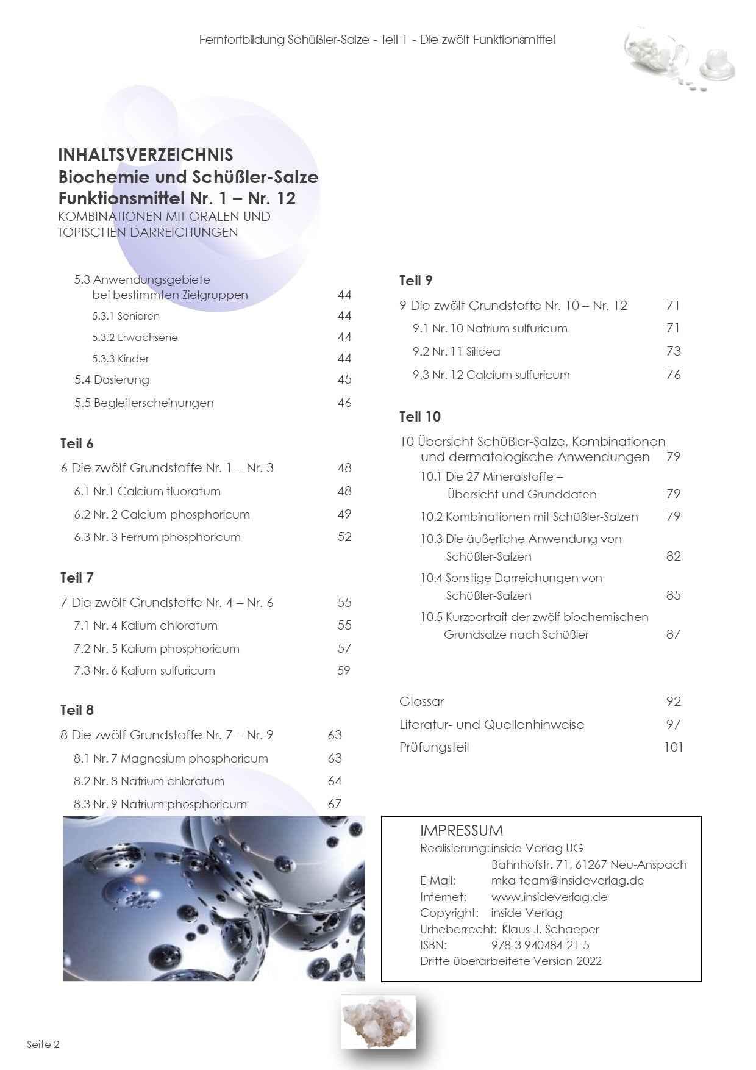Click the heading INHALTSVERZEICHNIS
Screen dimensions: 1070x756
point(145,155)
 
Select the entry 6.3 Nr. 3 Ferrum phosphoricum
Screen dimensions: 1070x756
point(157,537)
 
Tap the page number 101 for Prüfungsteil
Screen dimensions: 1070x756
point(673,747)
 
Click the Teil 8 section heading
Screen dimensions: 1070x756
point(77,710)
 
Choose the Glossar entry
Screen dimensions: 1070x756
point(421,702)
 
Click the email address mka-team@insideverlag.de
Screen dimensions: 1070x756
point(567,880)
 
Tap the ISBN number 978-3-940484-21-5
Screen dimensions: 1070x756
point(540,945)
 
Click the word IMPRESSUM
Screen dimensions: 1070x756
point(461,830)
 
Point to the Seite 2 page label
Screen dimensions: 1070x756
point(43,1044)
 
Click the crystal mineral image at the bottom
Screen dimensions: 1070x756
point(378,1021)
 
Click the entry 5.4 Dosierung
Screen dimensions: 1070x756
point(112,379)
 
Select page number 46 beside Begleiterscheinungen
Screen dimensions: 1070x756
point(344,403)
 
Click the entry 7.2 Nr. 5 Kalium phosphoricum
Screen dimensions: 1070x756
point(156,648)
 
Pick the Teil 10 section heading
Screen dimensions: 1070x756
point(419,417)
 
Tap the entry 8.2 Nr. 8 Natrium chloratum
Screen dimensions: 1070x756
point(149,781)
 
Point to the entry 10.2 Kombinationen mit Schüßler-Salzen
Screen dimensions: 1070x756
point(529,517)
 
